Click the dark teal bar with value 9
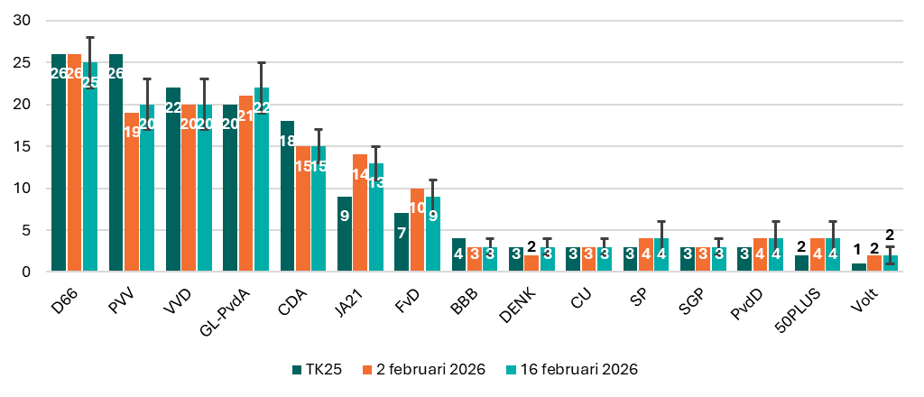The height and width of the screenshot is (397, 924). click(x=345, y=234)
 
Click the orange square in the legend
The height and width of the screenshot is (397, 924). click(x=367, y=370)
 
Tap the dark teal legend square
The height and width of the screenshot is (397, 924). click(x=297, y=370)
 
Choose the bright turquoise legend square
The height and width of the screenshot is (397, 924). click(x=511, y=370)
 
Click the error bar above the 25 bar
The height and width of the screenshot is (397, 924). click(x=90, y=50)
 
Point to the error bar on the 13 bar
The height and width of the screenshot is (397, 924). click(x=376, y=153)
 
